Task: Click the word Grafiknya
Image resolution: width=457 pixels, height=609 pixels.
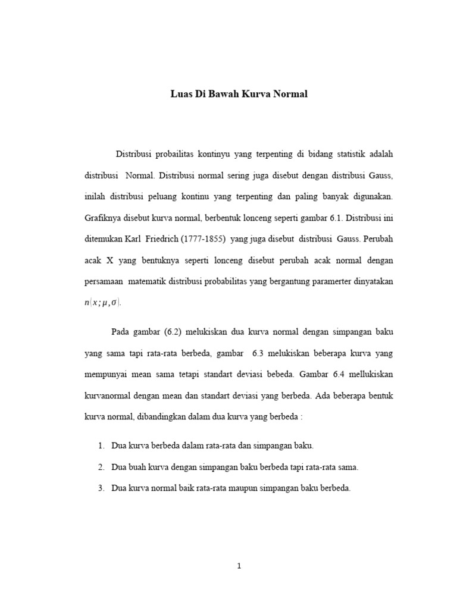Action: coord(104,217)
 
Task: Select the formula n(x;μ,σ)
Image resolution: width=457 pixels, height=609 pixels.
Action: coord(102,303)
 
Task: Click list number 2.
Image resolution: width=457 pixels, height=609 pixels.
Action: coord(101,467)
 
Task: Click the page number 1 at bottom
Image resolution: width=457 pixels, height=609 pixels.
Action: coord(239,566)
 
